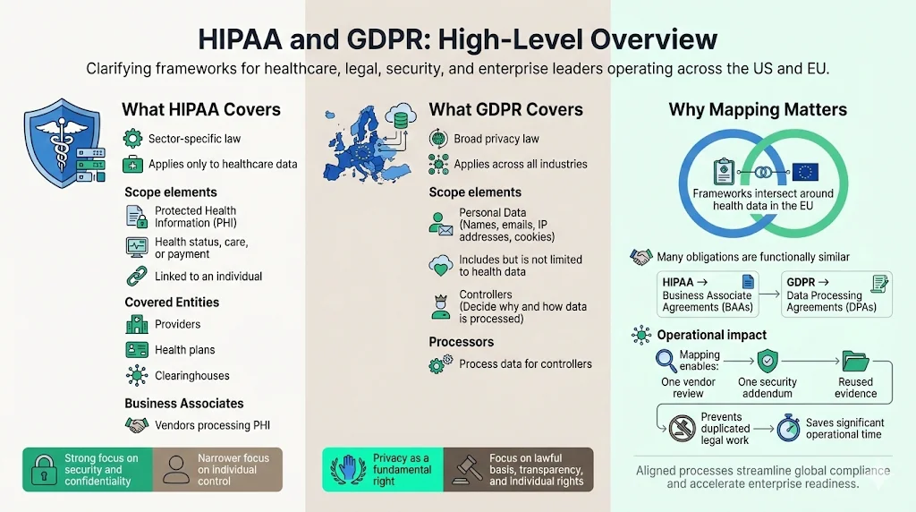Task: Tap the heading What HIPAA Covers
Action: (201, 110)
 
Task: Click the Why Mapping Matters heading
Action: (758, 110)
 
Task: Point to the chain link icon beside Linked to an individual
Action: (136, 276)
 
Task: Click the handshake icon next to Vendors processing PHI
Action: (136, 425)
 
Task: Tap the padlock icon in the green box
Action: (43, 469)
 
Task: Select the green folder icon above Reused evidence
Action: (855, 362)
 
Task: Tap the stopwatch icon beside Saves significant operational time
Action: (788, 427)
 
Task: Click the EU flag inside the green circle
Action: (804, 172)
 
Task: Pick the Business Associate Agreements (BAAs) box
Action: (707, 294)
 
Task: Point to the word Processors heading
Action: (461, 342)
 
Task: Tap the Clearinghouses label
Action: (191, 376)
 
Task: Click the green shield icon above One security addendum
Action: (767, 362)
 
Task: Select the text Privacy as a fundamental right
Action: (403, 469)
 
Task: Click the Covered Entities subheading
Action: (172, 303)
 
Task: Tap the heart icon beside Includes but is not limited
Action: (440, 266)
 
